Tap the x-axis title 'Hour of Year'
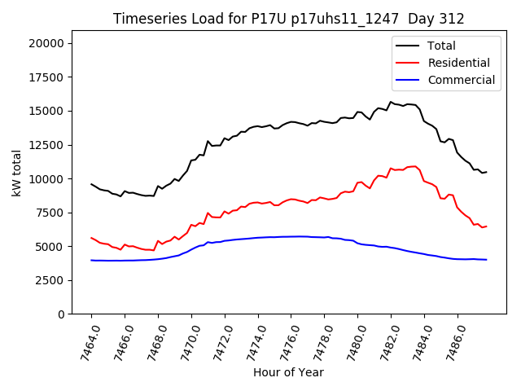coord(288,372)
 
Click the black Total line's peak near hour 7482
coord(391,103)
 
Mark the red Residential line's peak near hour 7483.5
coord(415,166)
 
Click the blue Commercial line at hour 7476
coord(291,236)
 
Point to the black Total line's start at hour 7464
coord(91,184)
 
